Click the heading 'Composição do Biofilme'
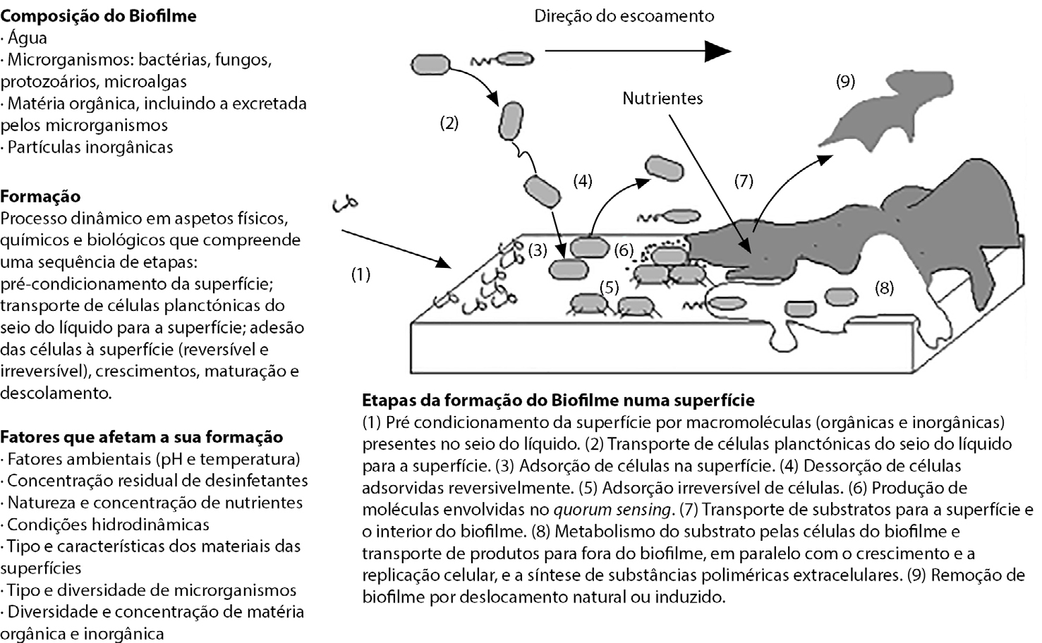tap(98, 16)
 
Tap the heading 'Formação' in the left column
tap(41, 196)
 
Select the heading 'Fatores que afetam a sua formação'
tap(142, 437)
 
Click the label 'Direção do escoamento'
tap(624, 16)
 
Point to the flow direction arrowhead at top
tap(717, 51)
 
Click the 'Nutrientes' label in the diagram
tap(662, 98)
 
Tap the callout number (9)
tap(845, 81)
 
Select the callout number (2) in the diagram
tap(449, 123)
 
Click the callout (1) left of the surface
tap(361, 274)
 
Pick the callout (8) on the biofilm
tap(884, 288)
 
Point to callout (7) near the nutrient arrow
tap(744, 181)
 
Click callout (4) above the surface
tap(582, 181)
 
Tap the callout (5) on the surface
tap(609, 287)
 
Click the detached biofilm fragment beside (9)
tap(875, 120)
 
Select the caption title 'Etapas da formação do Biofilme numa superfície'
tap(558, 400)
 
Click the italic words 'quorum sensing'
tap(611, 510)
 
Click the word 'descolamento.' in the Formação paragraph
tap(56, 393)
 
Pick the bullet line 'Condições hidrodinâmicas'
tap(108, 525)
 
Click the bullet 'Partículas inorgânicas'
tap(90, 147)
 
